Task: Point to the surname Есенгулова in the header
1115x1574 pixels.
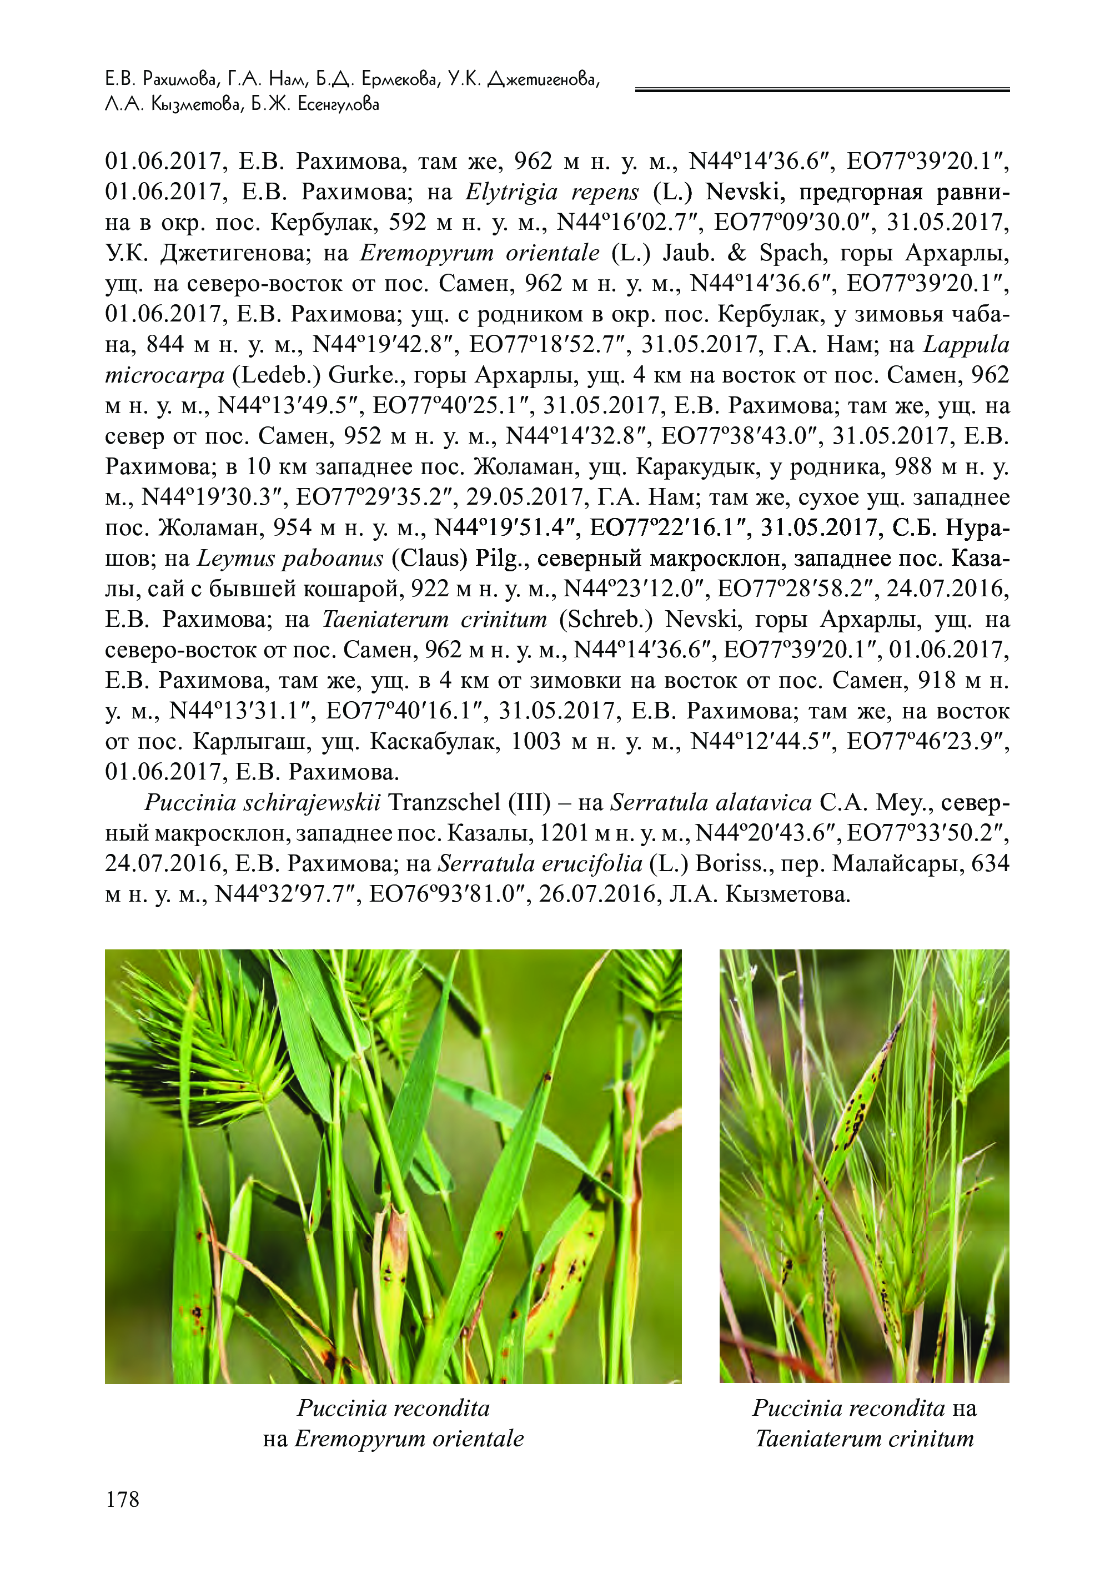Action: pyautogui.click(x=339, y=105)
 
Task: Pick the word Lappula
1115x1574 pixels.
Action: pyautogui.click(x=966, y=345)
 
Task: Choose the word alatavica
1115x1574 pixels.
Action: pyautogui.click(x=763, y=802)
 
